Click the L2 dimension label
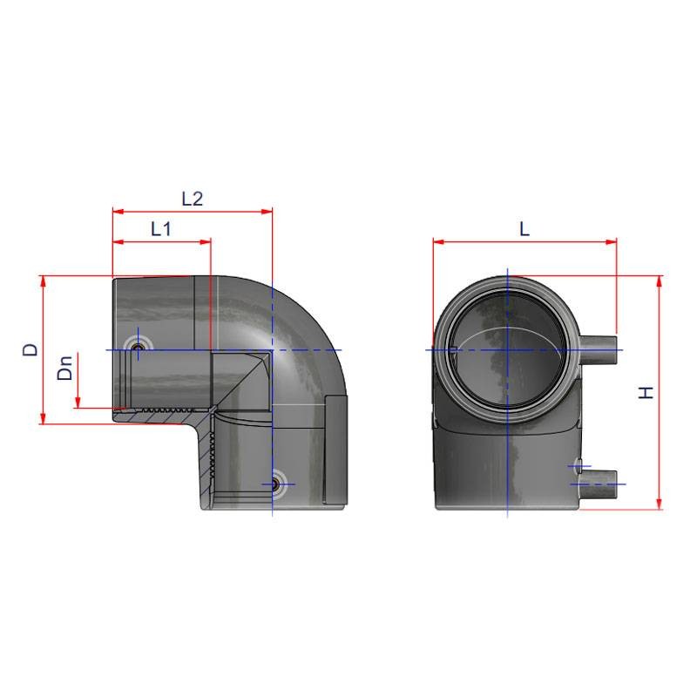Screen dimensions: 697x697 coord(193,199)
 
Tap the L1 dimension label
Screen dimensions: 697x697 coord(161,229)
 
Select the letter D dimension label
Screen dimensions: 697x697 coord(30,349)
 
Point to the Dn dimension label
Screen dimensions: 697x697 coord(64,368)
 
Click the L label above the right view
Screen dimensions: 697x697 coord(524,229)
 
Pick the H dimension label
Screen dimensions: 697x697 coord(646,393)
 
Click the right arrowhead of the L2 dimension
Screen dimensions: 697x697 coord(267,212)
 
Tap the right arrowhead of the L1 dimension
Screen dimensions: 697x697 coord(206,242)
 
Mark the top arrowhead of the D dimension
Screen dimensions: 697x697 coord(43,281)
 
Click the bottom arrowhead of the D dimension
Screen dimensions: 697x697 coord(43,418)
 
